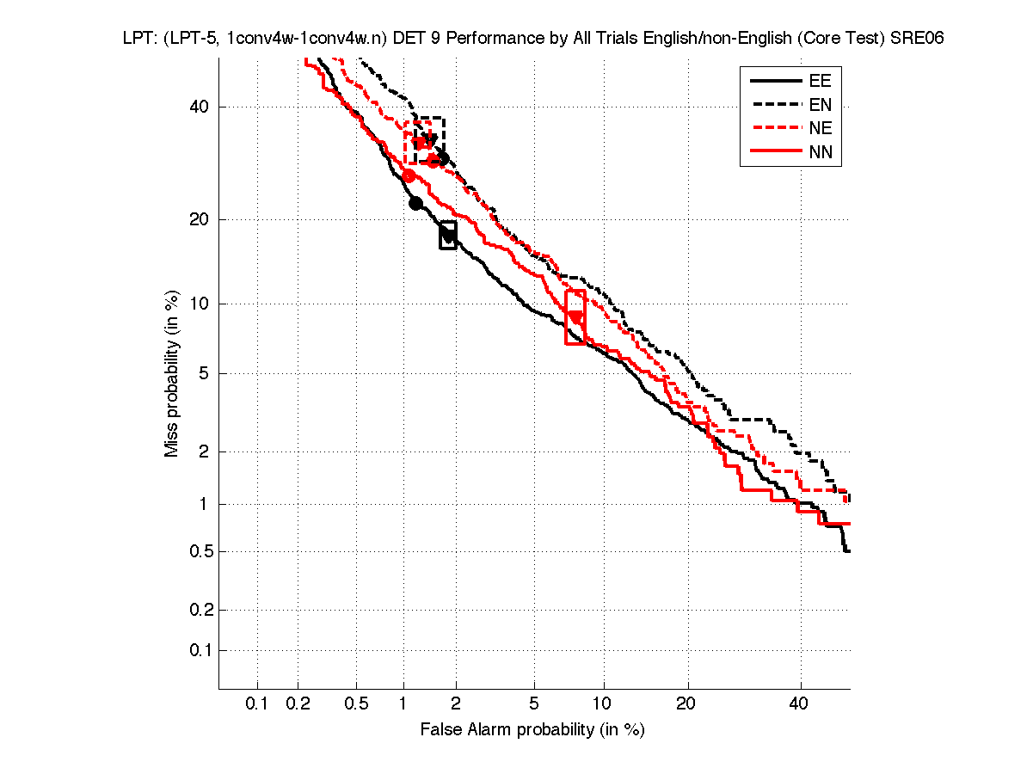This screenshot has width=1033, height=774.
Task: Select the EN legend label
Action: (x=820, y=105)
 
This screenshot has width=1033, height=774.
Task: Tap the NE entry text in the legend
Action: (x=820, y=129)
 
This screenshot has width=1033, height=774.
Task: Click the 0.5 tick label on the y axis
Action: (x=196, y=551)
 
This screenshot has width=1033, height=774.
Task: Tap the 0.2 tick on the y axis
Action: (x=196, y=610)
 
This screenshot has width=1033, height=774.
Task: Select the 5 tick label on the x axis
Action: (x=534, y=704)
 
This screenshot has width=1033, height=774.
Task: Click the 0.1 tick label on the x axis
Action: (x=257, y=704)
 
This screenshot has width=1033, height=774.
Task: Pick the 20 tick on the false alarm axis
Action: (x=686, y=704)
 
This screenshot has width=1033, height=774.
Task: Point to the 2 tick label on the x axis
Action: (x=456, y=704)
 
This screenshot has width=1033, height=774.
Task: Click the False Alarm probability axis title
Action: (x=532, y=730)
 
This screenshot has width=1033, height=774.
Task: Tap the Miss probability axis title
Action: (x=172, y=373)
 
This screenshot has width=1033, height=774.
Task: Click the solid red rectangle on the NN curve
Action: (x=575, y=317)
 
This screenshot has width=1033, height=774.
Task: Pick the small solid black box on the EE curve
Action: (x=448, y=235)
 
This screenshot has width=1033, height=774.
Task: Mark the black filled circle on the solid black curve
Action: (x=415, y=203)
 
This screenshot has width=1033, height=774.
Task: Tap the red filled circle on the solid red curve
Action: (x=409, y=175)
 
